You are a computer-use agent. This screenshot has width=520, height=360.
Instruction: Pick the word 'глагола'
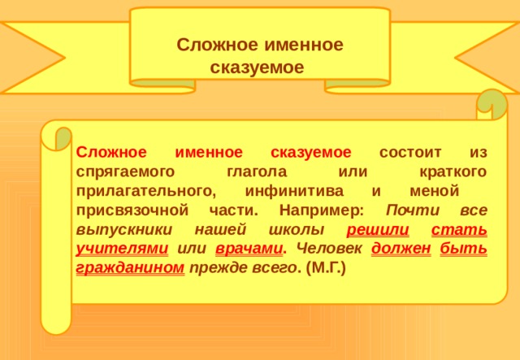251,171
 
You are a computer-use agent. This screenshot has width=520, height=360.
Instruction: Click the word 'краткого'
454,171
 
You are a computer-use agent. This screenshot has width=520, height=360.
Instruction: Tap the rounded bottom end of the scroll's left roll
57,325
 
